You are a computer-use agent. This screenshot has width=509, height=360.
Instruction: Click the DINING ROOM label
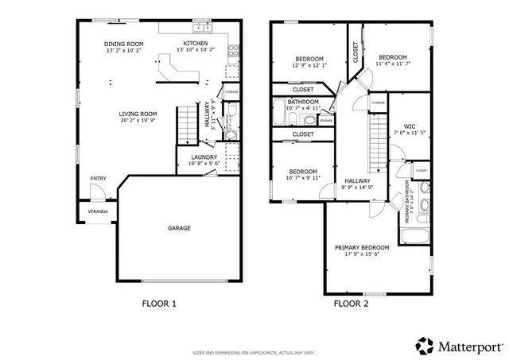pyautogui.click(x=123, y=44)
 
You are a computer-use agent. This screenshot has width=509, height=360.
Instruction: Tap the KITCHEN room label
pyautogui.click(x=195, y=44)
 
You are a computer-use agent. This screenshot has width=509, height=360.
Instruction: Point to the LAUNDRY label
pyautogui.click(x=204, y=157)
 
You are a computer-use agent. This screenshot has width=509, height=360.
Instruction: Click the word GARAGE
pyautogui.click(x=178, y=228)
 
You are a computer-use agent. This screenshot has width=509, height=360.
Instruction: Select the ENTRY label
pyautogui.click(x=98, y=179)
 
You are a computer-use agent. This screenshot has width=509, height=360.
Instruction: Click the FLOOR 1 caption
pyautogui.click(x=159, y=303)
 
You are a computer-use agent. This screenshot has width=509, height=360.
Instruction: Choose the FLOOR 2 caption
pyautogui.click(x=350, y=303)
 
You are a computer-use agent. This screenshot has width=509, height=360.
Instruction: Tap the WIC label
pyautogui.click(x=409, y=126)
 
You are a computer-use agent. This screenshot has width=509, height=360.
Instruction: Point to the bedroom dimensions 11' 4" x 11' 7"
pyautogui.click(x=392, y=65)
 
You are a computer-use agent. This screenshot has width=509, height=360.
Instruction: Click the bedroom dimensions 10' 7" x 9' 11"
pyautogui.click(x=303, y=178)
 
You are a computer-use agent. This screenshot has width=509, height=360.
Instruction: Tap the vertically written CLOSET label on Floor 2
pyautogui.click(x=356, y=52)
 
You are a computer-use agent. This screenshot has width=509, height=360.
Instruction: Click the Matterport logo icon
pyautogui.click(x=425, y=346)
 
